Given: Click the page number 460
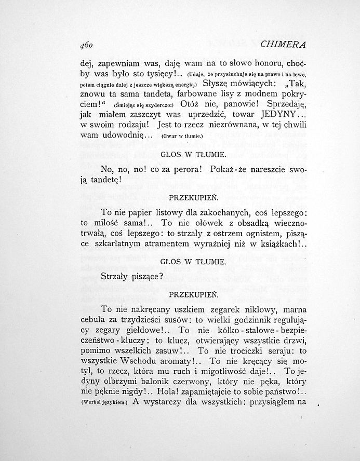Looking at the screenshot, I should pyautogui.click(x=89, y=45).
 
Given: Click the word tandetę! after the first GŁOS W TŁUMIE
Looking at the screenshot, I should pyautogui.click(x=103, y=181).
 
